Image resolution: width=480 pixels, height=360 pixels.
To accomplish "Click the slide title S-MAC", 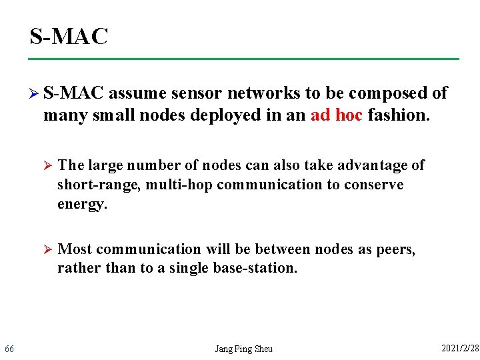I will [69, 37].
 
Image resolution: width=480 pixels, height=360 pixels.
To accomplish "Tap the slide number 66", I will [9, 349].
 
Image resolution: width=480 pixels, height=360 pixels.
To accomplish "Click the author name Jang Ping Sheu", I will [243, 349].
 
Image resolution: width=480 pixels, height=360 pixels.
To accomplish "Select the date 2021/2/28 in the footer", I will [460, 348].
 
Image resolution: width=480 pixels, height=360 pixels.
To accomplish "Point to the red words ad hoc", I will [337, 115].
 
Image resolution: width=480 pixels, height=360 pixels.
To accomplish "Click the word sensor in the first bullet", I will [193, 93].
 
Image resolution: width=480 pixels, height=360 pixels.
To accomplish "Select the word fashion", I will [399, 115].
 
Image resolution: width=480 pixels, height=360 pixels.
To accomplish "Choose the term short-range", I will [97, 184].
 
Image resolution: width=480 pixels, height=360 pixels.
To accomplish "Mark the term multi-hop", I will [179, 184].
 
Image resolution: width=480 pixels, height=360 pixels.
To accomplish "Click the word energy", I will [82, 203].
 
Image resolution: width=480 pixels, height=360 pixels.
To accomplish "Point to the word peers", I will [396, 249].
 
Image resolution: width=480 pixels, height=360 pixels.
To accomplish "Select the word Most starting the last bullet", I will [75, 249].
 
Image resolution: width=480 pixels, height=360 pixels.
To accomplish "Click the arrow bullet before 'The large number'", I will [47, 165].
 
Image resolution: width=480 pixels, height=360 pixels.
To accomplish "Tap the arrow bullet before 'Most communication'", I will [47, 249].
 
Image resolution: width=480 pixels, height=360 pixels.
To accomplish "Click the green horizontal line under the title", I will [244, 59].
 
